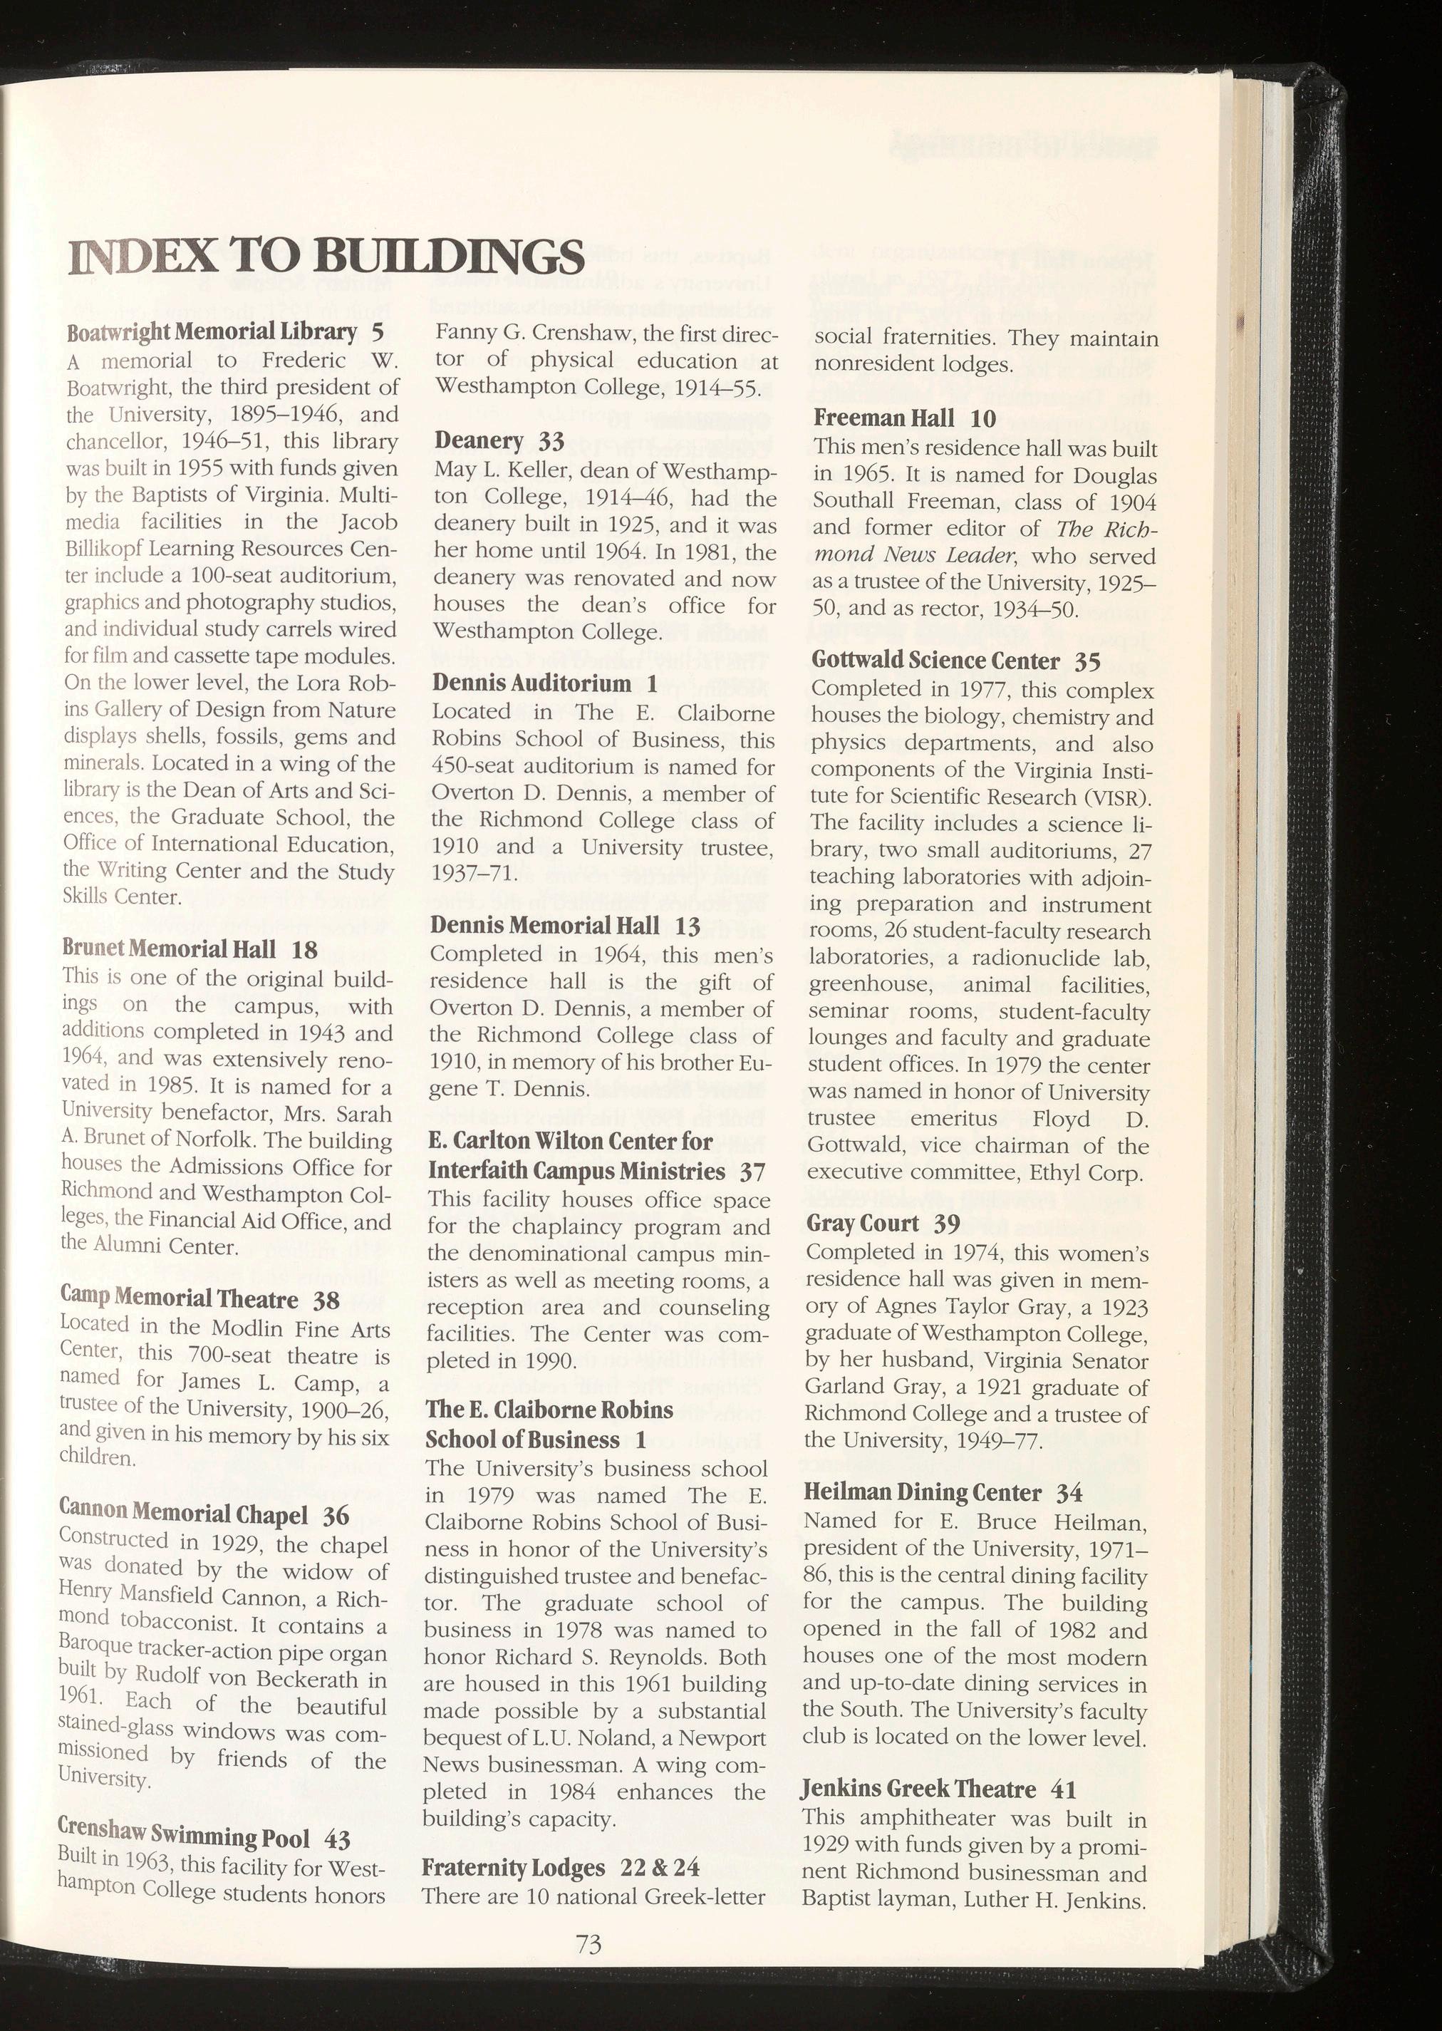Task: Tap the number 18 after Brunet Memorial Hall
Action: click(x=304, y=949)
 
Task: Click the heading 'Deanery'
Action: click(x=479, y=440)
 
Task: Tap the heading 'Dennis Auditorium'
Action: click(x=531, y=683)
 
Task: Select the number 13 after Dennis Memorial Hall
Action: click(x=688, y=926)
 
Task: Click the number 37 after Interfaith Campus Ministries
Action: click(x=753, y=1172)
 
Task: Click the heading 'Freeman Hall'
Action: click(x=883, y=418)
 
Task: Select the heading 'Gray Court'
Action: click(x=862, y=1224)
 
